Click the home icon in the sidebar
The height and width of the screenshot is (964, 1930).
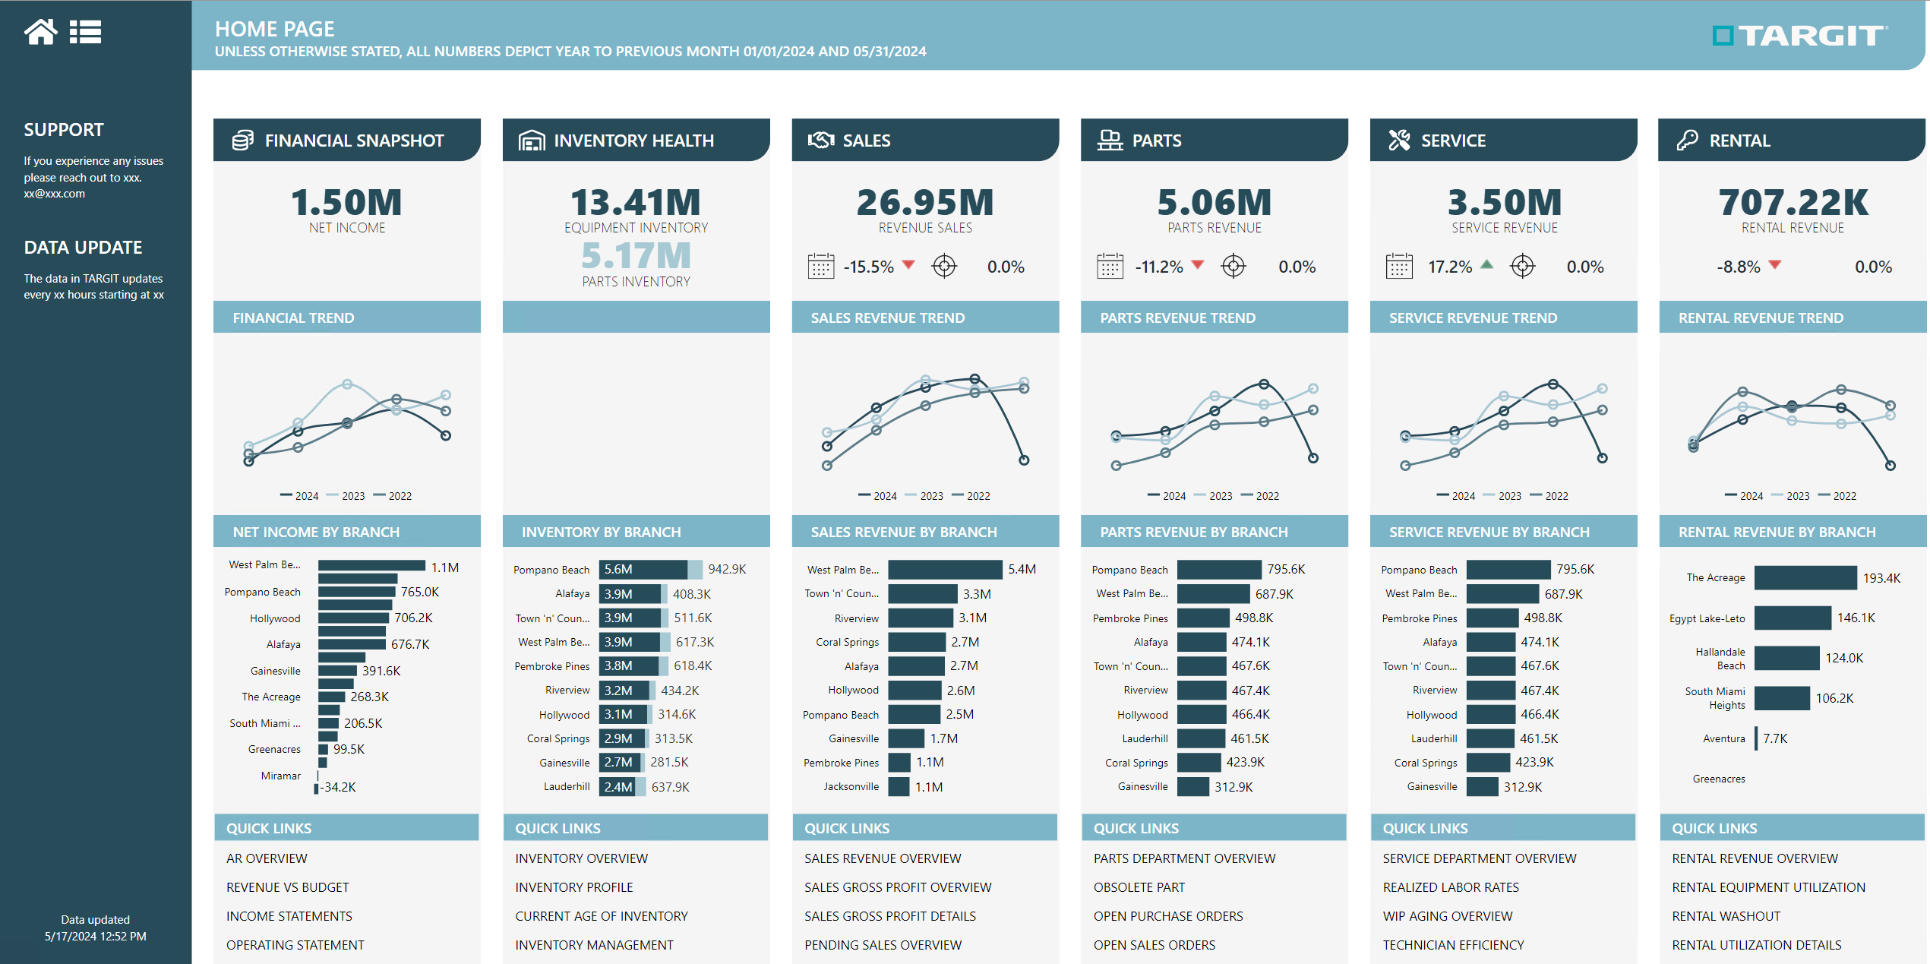pos(40,32)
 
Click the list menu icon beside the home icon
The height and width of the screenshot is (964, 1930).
pos(85,32)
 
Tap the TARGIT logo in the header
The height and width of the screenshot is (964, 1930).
pos(1799,36)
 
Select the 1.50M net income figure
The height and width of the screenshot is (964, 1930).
pos(346,203)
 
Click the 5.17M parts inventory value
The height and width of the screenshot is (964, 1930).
pos(636,256)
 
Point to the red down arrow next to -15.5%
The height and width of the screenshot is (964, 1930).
pos(908,265)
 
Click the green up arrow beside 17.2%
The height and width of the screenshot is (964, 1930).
pos(1486,265)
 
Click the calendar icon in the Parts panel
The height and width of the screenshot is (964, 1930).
pos(1110,267)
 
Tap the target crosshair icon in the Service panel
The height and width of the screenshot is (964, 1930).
pos(1522,267)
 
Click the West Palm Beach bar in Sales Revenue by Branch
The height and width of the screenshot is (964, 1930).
pos(944,569)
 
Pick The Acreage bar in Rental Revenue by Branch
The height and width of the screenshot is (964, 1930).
pos(1805,578)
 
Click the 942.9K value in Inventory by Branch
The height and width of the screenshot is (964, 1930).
pos(727,569)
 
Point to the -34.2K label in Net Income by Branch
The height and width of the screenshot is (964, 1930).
pos(338,787)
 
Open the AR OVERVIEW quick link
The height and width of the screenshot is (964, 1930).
pos(267,858)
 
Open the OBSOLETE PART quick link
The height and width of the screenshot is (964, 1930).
pos(1139,887)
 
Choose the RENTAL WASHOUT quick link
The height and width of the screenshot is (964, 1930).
pos(1726,916)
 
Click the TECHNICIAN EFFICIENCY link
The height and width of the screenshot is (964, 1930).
pos(1453,945)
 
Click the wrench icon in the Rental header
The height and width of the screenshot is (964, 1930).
pos(1687,141)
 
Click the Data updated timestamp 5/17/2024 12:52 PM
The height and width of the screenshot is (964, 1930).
pos(96,936)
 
